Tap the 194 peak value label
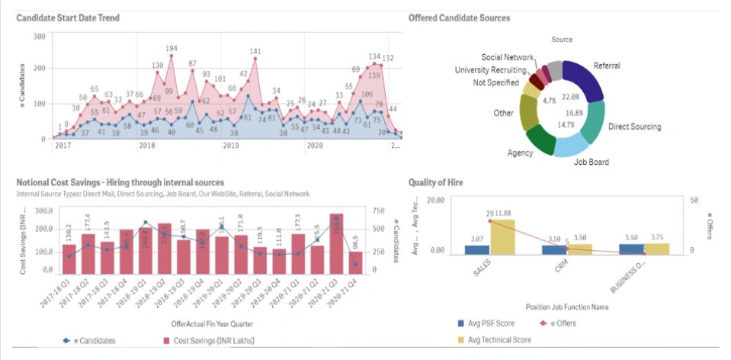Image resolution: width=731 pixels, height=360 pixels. coord(172,49)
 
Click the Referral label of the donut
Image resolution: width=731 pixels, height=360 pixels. coord(607,66)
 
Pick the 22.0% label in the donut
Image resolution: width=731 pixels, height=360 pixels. coord(570,98)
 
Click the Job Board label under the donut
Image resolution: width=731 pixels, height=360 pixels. coord(591,162)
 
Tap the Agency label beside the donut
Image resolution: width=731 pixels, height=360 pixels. coord(521,153)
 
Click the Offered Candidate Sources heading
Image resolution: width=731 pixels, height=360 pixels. coord(459,18)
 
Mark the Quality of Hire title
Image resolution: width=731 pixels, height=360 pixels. coord(436,182)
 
